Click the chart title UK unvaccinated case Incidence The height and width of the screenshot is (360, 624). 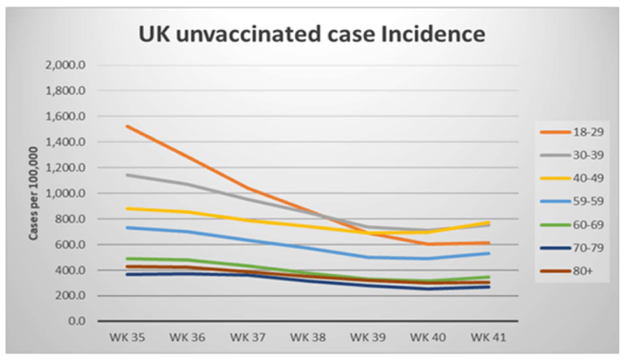pos(311,34)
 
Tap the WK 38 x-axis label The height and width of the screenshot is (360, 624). pos(307,335)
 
